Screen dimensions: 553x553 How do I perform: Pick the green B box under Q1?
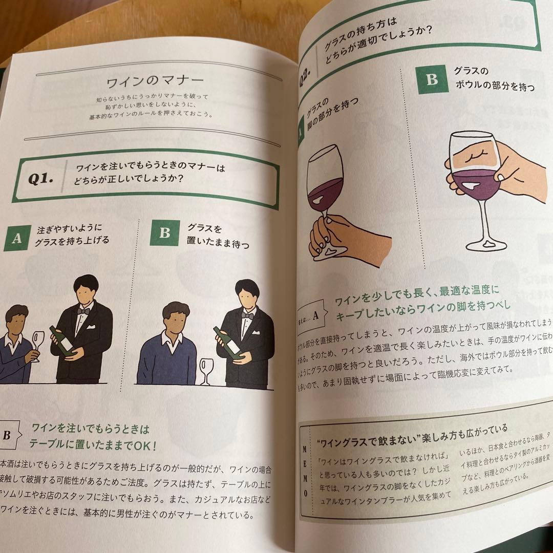tap(164, 233)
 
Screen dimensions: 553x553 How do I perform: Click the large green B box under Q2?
tap(432, 80)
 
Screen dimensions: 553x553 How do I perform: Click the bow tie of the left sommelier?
tap(83, 311)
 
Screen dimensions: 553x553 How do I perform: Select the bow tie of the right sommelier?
tap(248, 316)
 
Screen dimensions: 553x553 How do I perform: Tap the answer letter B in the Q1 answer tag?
tap(7, 435)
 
